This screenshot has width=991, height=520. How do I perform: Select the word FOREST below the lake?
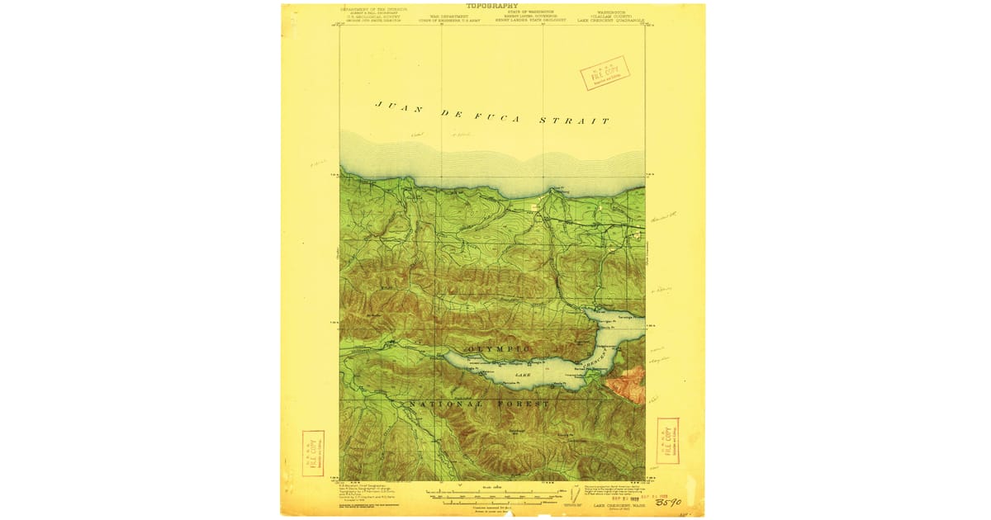(x=523, y=404)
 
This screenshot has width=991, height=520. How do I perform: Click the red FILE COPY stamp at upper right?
(x=605, y=73)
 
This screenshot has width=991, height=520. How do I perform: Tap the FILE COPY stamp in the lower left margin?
(x=313, y=453)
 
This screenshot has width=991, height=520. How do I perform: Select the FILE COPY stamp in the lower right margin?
(x=667, y=441)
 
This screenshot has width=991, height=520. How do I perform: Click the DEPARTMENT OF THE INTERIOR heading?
(x=369, y=10)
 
